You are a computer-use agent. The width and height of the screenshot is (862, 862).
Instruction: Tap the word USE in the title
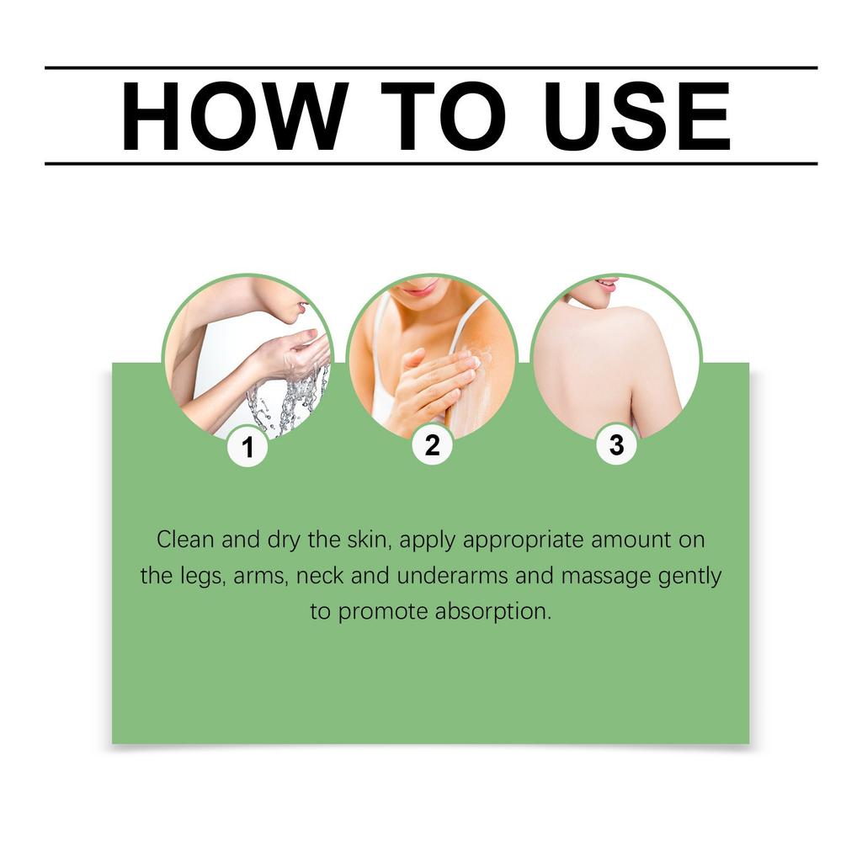pos(637,116)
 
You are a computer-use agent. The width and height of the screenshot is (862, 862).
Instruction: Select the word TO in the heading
pos(443,116)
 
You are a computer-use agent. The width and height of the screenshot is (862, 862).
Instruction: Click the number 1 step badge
pos(248,447)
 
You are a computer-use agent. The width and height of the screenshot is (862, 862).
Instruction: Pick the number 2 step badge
pos(433,444)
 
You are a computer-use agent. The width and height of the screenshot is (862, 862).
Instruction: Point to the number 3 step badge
pos(617,444)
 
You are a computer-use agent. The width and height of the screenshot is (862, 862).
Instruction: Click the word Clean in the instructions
pos(184,540)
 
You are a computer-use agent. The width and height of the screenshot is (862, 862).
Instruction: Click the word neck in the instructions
pos(320,576)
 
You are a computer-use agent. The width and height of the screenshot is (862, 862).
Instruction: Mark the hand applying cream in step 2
pos(434,385)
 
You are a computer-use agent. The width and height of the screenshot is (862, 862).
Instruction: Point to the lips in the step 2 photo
pos(416,288)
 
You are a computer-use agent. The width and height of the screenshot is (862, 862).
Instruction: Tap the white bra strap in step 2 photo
pos(467,324)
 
